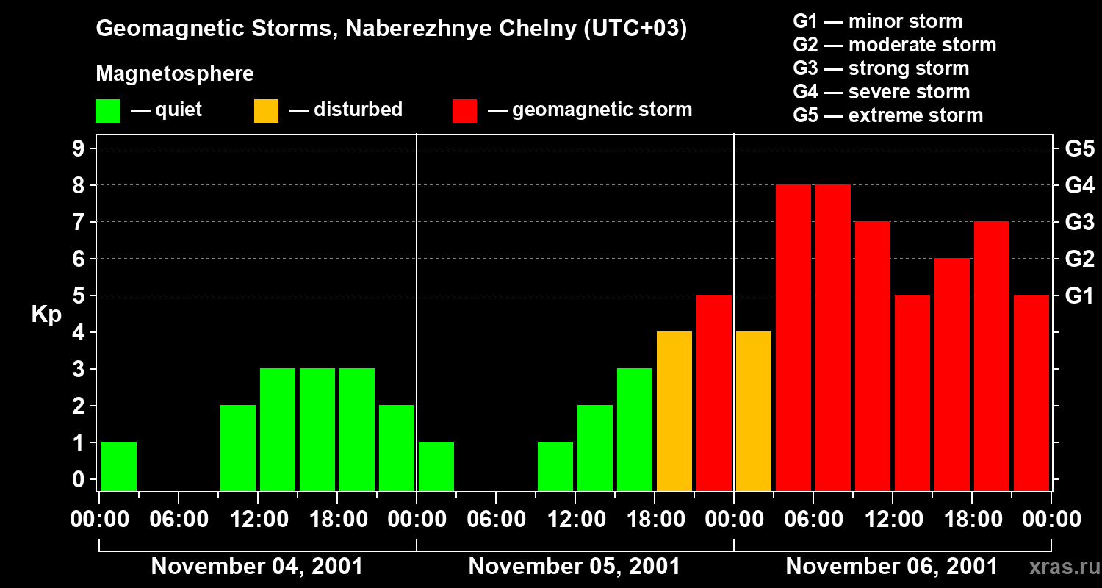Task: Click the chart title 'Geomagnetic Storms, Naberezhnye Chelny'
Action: pos(391,29)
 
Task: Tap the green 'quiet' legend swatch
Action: pos(107,110)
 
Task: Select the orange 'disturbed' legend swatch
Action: pos(266,110)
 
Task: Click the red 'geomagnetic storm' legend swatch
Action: pos(464,110)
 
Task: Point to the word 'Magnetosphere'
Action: pos(175,74)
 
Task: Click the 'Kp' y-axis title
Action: pos(46,315)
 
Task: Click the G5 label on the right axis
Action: pos(1079,148)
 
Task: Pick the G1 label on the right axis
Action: pos(1079,296)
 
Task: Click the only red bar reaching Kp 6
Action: pos(952,374)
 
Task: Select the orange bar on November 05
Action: pos(674,411)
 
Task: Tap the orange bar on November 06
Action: pos(754,411)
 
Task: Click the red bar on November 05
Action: pos(714,392)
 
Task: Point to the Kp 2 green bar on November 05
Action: pos(595,448)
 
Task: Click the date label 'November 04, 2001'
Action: pos(257,567)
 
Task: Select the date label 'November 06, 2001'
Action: pos(892,567)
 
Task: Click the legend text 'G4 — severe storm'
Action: pos(882,92)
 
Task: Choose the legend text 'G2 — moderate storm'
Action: pos(895,45)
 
